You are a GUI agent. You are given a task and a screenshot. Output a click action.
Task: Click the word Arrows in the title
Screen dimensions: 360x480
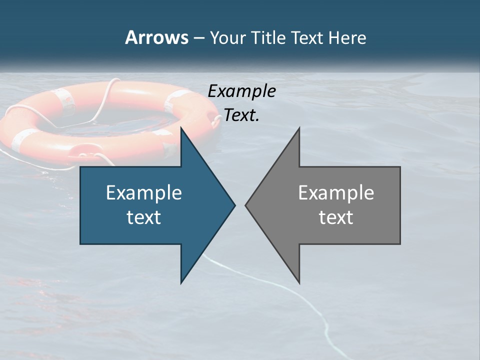[156, 37]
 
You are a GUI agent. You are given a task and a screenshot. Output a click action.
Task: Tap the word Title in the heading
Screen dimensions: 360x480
[268, 37]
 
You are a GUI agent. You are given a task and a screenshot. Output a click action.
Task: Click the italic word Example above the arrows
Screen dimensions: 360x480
[241, 91]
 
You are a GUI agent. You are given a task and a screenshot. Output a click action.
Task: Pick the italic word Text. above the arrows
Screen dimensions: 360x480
[241, 115]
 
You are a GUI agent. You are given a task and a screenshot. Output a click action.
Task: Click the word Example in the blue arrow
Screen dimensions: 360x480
[143, 193]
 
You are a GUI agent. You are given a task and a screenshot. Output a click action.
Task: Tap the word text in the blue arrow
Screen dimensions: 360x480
[143, 217]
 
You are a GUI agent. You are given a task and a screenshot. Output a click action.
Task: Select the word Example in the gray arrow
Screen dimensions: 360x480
[336, 193]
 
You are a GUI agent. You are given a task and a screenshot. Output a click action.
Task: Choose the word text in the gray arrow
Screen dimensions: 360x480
[336, 217]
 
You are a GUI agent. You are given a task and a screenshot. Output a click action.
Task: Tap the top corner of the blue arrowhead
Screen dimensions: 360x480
[181, 129]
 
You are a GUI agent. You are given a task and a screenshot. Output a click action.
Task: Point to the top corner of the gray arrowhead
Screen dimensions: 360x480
[298, 129]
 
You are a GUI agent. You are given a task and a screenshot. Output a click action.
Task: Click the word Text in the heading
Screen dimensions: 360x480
[307, 37]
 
